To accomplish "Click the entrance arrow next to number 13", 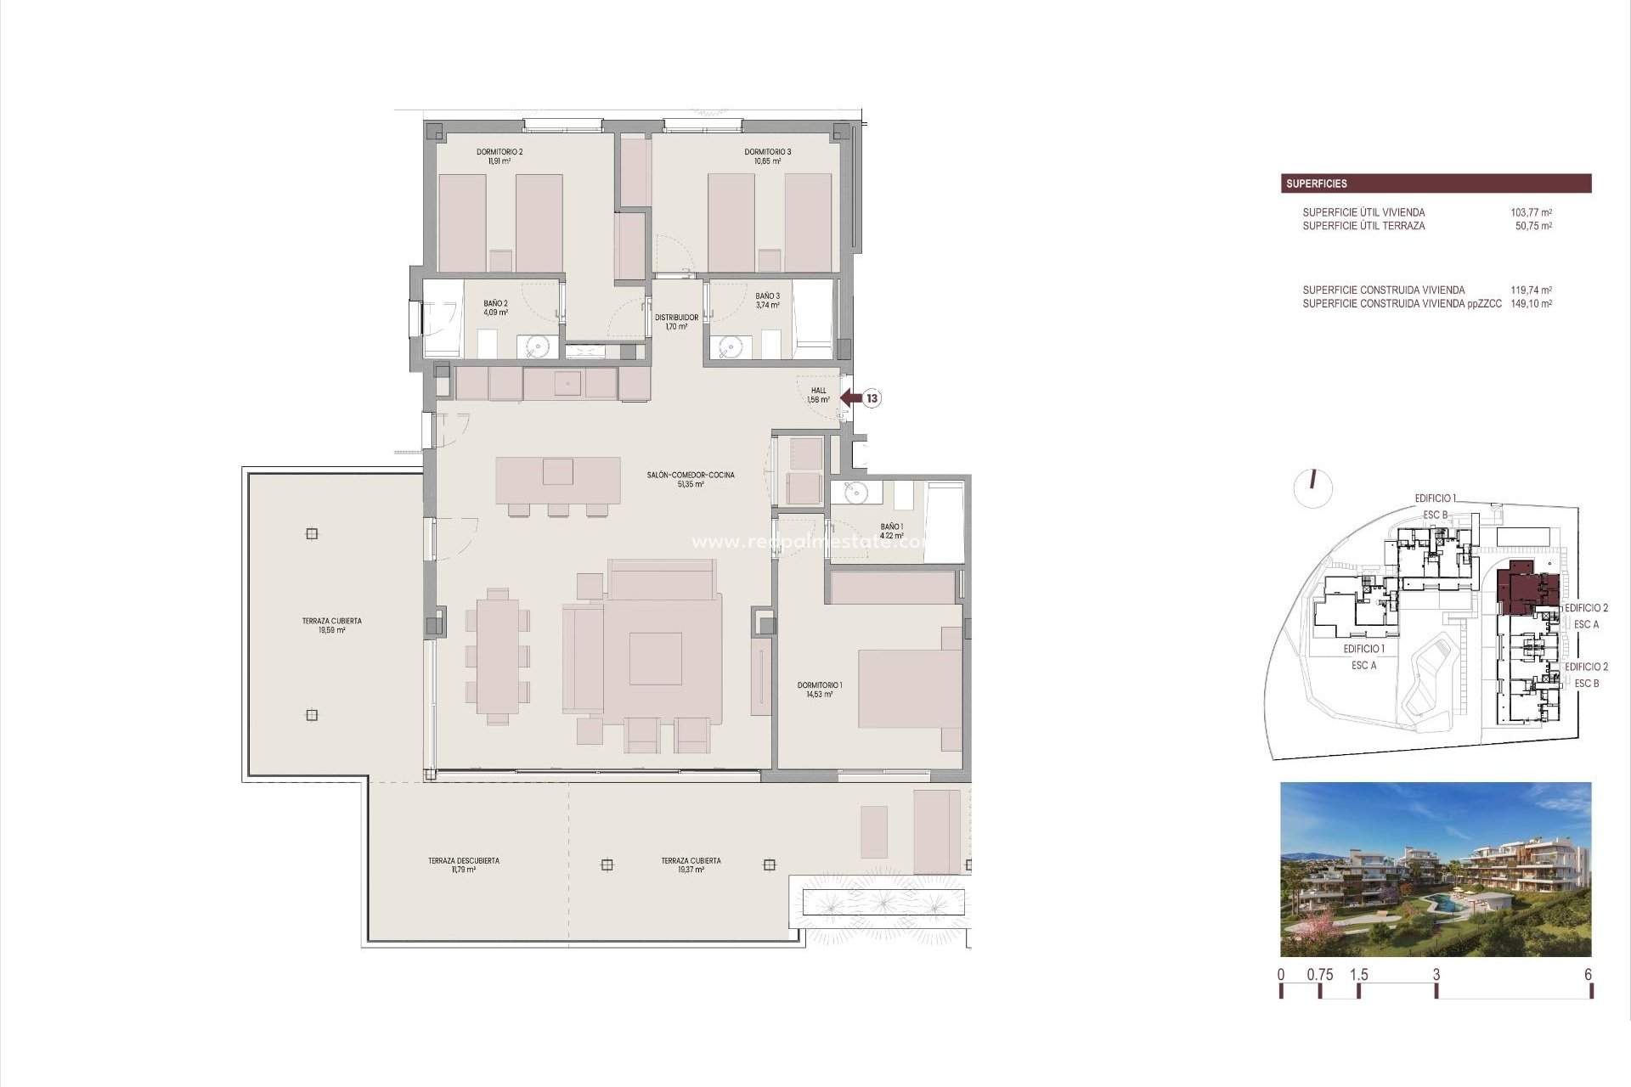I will tap(849, 397).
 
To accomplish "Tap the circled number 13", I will tap(872, 397).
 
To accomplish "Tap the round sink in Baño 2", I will tap(537, 346).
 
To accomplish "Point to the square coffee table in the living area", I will tap(655, 658).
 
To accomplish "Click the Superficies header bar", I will tap(1436, 183).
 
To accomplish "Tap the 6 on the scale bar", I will tap(1588, 975).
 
